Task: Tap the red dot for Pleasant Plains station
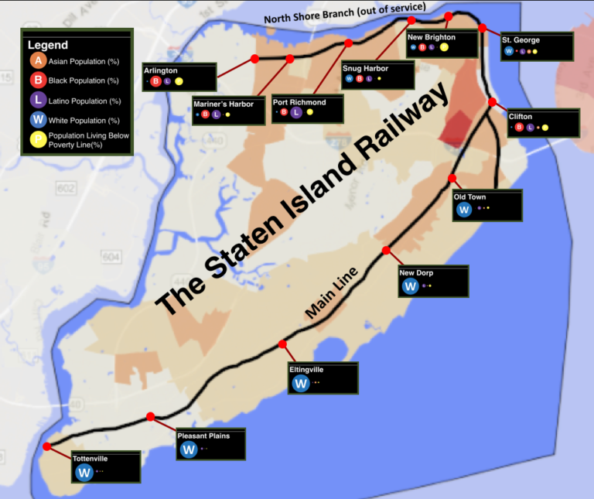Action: tap(150, 417)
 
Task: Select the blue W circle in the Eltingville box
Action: tap(301, 383)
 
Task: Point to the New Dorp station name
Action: tap(416, 272)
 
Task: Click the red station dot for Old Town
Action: tap(453, 178)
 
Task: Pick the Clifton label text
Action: tap(521, 117)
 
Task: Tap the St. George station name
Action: tap(521, 40)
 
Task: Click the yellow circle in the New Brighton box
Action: tap(444, 47)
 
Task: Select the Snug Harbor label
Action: tap(365, 68)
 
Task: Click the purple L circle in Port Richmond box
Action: tap(296, 112)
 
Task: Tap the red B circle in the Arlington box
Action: tap(155, 81)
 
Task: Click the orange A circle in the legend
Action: tap(36, 60)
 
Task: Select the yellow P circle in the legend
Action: tap(36, 140)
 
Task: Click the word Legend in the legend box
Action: tap(47, 45)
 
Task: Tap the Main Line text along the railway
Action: tap(332, 292)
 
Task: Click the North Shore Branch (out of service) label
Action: tap(344, 13)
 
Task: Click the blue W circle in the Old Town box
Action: tap(464, 209)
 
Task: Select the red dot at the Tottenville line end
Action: tap(47, 446)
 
